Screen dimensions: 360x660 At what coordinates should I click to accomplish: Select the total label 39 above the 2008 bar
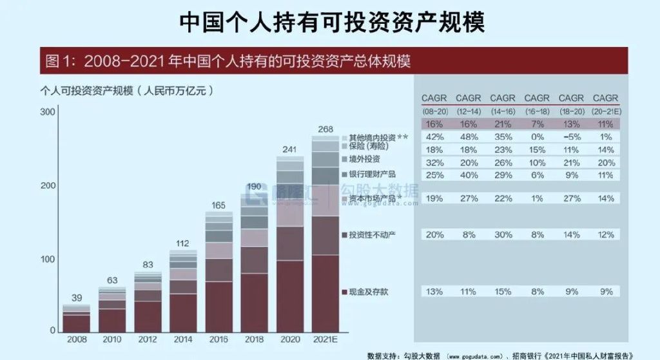[x=75, y=298]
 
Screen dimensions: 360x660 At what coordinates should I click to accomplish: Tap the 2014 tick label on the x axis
[x=182, y=338]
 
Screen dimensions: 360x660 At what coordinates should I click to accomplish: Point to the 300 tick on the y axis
[x=47, y=112]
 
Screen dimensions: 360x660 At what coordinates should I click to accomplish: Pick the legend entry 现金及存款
[x=369, y=292]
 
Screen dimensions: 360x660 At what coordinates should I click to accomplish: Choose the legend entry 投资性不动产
[x=373, y=234]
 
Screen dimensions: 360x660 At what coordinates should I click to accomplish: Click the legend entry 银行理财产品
[x=373, y=174]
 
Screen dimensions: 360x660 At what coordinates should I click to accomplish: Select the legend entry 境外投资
[x=365, y=159]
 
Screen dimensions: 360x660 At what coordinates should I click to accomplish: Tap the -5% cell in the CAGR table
[x=571, y=137]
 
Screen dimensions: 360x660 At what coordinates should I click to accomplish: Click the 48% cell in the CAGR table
[x=469, y=137]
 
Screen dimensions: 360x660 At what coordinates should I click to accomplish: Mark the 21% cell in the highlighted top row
[x=503, y=124]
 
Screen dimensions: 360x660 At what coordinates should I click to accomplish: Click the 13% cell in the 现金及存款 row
[x=434, y=292]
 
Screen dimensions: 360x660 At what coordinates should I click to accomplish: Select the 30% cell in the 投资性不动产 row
[x=503, y=234]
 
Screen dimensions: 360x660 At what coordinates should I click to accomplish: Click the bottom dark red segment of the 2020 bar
[x=289, y=296]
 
